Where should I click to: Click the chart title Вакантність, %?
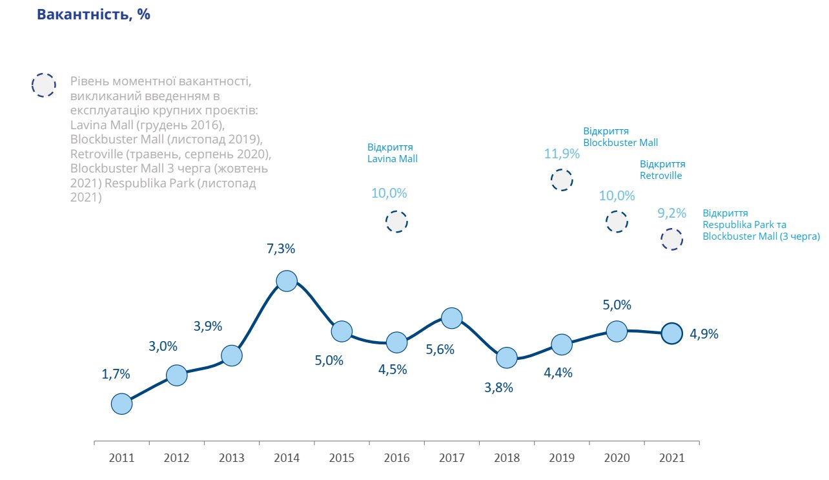click(x=94, y=15)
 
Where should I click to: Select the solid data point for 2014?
click(x=286, y=280)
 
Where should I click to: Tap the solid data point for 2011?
click(x=121, y=404)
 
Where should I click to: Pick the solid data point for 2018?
click(x=507, y=357)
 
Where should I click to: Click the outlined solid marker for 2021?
click(x=671, y=333)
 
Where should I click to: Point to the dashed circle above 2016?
click(x=396, y=222)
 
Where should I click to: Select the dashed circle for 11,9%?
click(x=562, y=180)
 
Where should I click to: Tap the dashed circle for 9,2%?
click(x=671, y=239)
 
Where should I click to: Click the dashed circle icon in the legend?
click(x=43, y=85)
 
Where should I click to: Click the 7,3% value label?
click(x=281, y=249)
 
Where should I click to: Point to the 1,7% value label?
click(x=116, y=373)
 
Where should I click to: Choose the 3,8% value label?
click(x=499, y=388)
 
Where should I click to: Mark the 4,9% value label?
click(x=704, y=334)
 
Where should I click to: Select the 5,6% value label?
click(x=440, y=350)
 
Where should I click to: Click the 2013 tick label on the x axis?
click(x=231, y=458)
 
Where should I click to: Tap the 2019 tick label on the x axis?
click(x=562, y=458)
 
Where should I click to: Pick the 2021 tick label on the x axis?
click(x=671, y=458)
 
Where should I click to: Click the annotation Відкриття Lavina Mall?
click(x=393, y=152)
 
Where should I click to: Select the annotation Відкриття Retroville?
click(x=662, y=169)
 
